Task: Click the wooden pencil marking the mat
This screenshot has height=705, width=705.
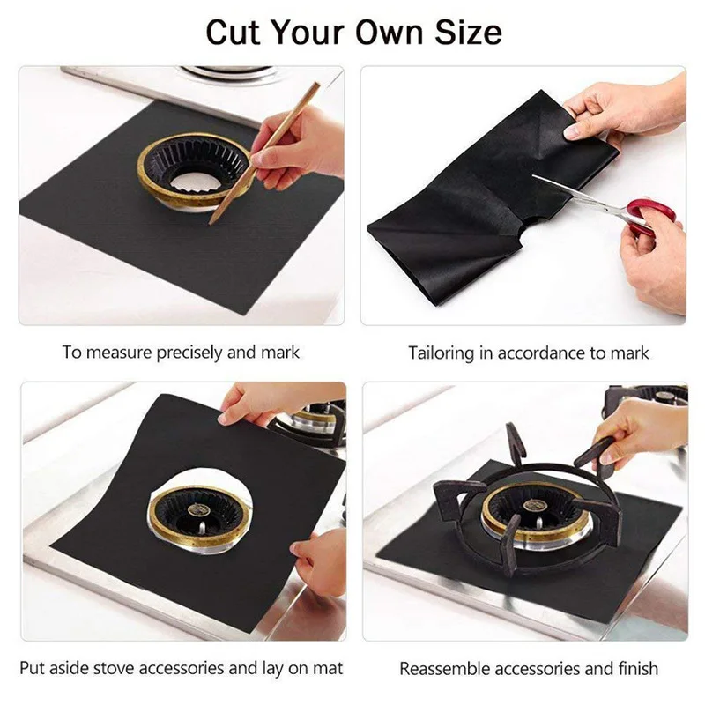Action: coord(265,150)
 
